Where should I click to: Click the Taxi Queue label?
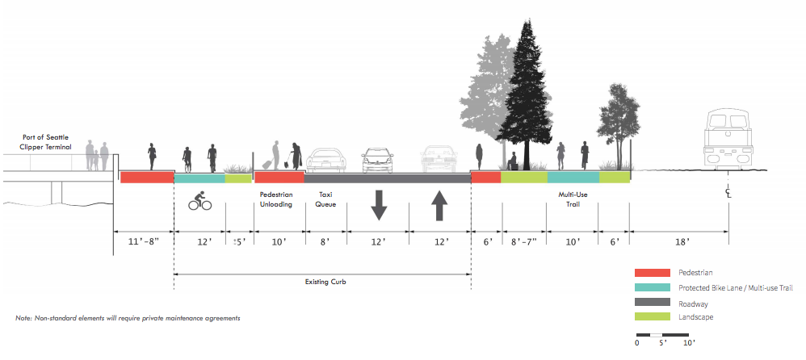325,199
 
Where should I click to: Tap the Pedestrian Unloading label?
279,199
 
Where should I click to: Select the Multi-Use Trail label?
573,199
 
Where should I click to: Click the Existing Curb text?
322,282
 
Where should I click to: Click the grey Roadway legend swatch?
653,303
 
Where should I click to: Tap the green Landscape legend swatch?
653,317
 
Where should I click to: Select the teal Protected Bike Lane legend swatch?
653,288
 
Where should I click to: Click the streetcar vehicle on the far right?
728,137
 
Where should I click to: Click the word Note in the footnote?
23,319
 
